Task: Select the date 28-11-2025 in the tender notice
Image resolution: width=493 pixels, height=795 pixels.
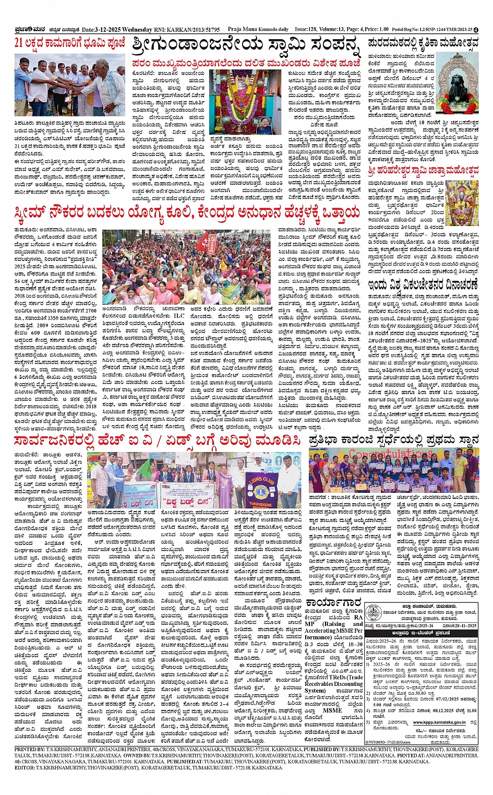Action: point(460,625)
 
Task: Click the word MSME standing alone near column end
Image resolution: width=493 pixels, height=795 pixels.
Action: point(332,710)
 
